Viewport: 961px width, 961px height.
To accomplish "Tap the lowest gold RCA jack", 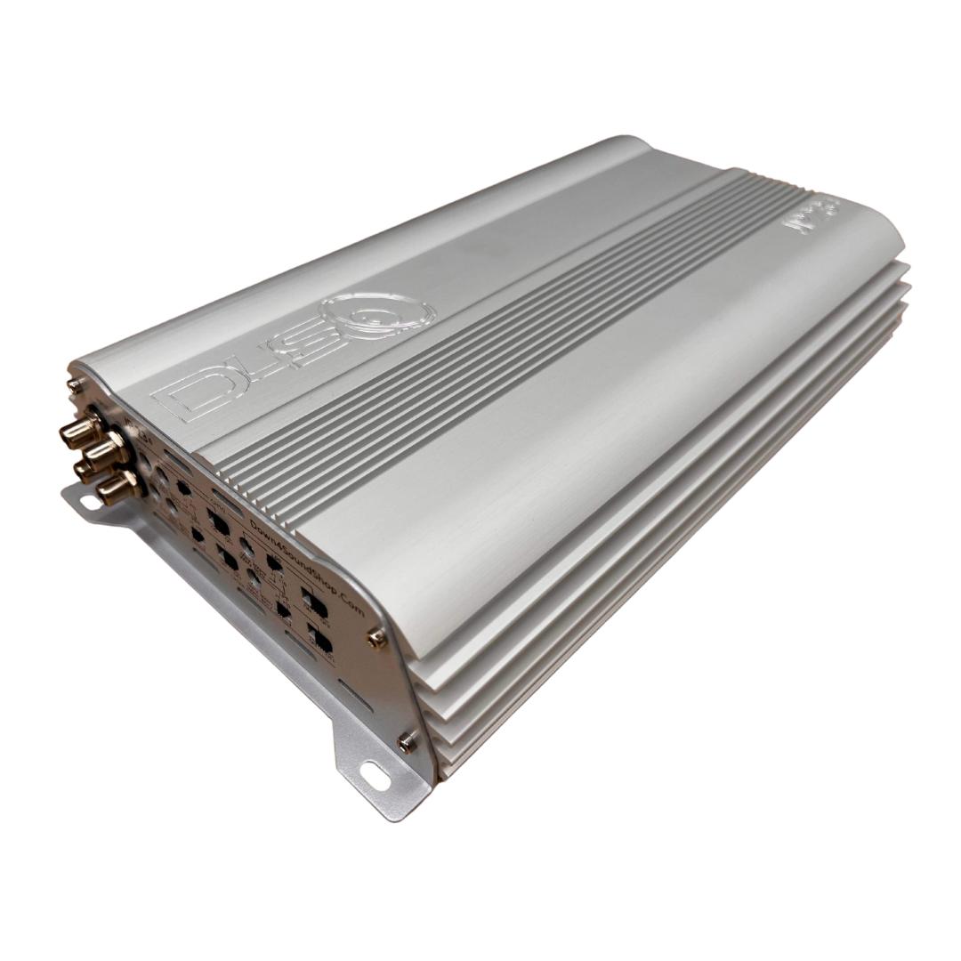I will (116, 487).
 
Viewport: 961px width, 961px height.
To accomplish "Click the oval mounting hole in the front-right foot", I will (375, 774).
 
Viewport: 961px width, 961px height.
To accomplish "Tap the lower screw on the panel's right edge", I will (407, 739).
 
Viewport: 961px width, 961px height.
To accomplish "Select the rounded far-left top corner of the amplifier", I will (623, 142).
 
